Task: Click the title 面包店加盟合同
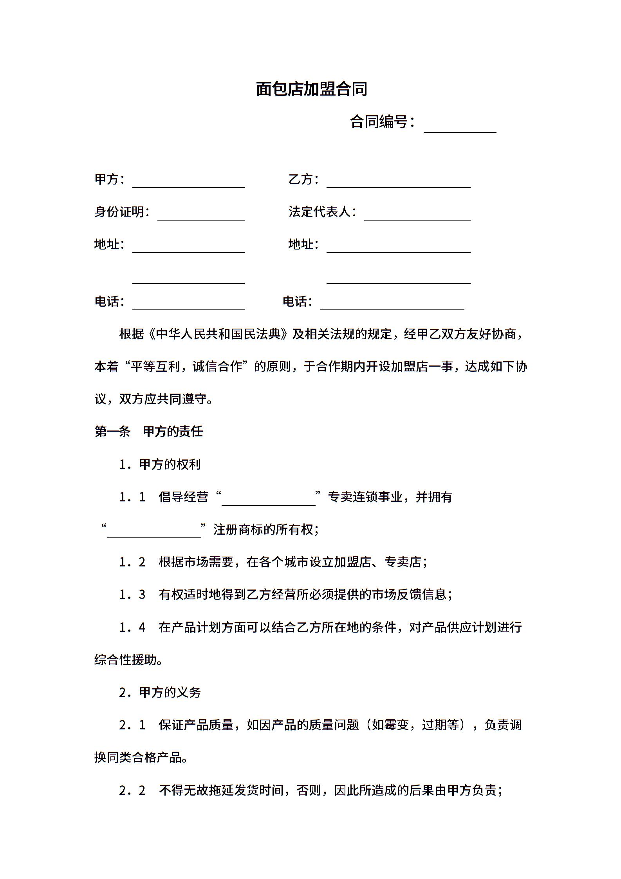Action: point(311,89)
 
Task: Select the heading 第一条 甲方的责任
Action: point(149,432)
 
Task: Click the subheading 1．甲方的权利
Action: point(160,465)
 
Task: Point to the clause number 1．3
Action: point(132,595)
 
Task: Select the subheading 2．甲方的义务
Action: point(160,693)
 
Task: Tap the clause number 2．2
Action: point(132,790)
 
